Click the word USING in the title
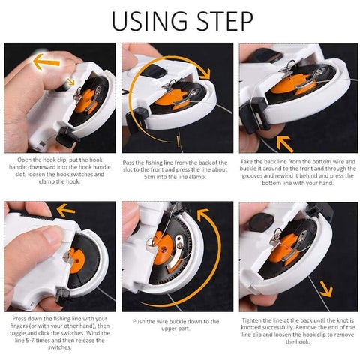click(x=149, y=21)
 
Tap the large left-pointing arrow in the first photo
click(x=46, y=61)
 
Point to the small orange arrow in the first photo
click(x=71, y=82)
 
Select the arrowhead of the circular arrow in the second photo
click(x=205, y=73)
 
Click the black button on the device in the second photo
click(x=156, y=70)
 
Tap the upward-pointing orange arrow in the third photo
click(x=285, y=144)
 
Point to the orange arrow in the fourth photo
click(x=66, y=210)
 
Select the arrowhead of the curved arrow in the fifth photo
click(x=203, y=214)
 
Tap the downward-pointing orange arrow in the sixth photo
click(x=326, y=289)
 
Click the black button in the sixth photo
click(x=261, y=222)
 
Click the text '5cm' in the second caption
click(x=149, y=177)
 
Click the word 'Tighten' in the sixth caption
click(x=251, y=320)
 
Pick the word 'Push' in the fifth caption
click(x=139, y=321)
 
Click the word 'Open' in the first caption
click(x=23, y=160)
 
